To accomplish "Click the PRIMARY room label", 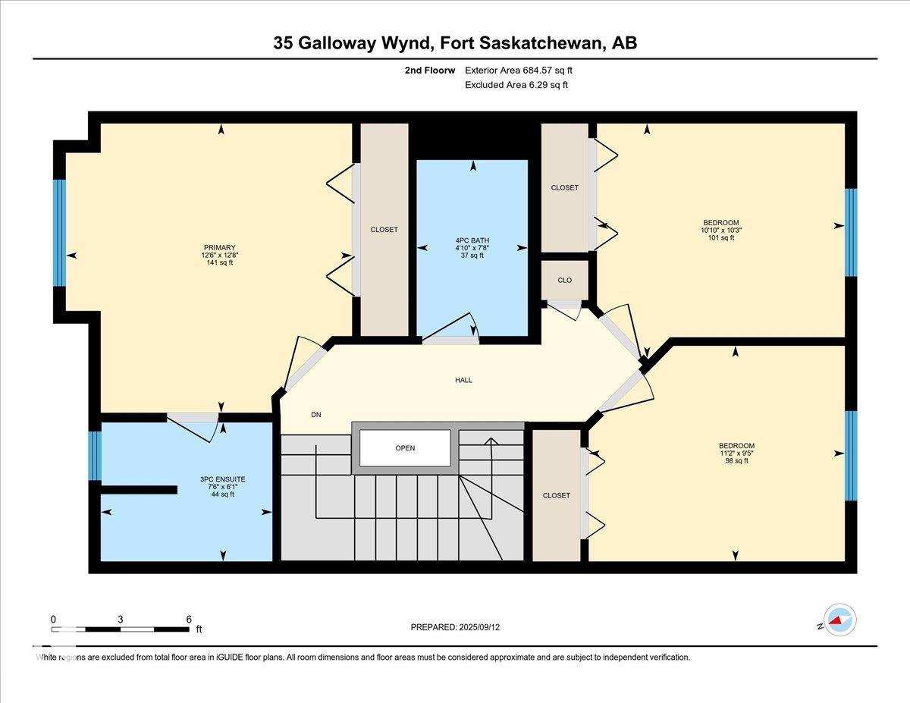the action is [219, 247].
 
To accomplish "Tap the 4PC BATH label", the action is [472, 240].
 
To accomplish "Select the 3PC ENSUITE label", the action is [222, 479].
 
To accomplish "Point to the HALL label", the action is [463, 380].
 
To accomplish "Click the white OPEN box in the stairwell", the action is [405, 448].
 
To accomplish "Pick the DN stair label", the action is [316, 415].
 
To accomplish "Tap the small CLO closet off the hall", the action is [564, 280].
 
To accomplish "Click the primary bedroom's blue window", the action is [59, 234].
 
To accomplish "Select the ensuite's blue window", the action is [95, 456].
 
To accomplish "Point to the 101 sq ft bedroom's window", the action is [851, 232].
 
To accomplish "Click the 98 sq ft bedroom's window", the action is [851, 456].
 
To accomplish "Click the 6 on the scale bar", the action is [189, 620].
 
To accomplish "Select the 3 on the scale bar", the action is [120, 620].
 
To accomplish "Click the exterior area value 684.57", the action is [538, 71].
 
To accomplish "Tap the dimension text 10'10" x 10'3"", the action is [721, 230].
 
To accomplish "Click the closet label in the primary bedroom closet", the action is [384, 230].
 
